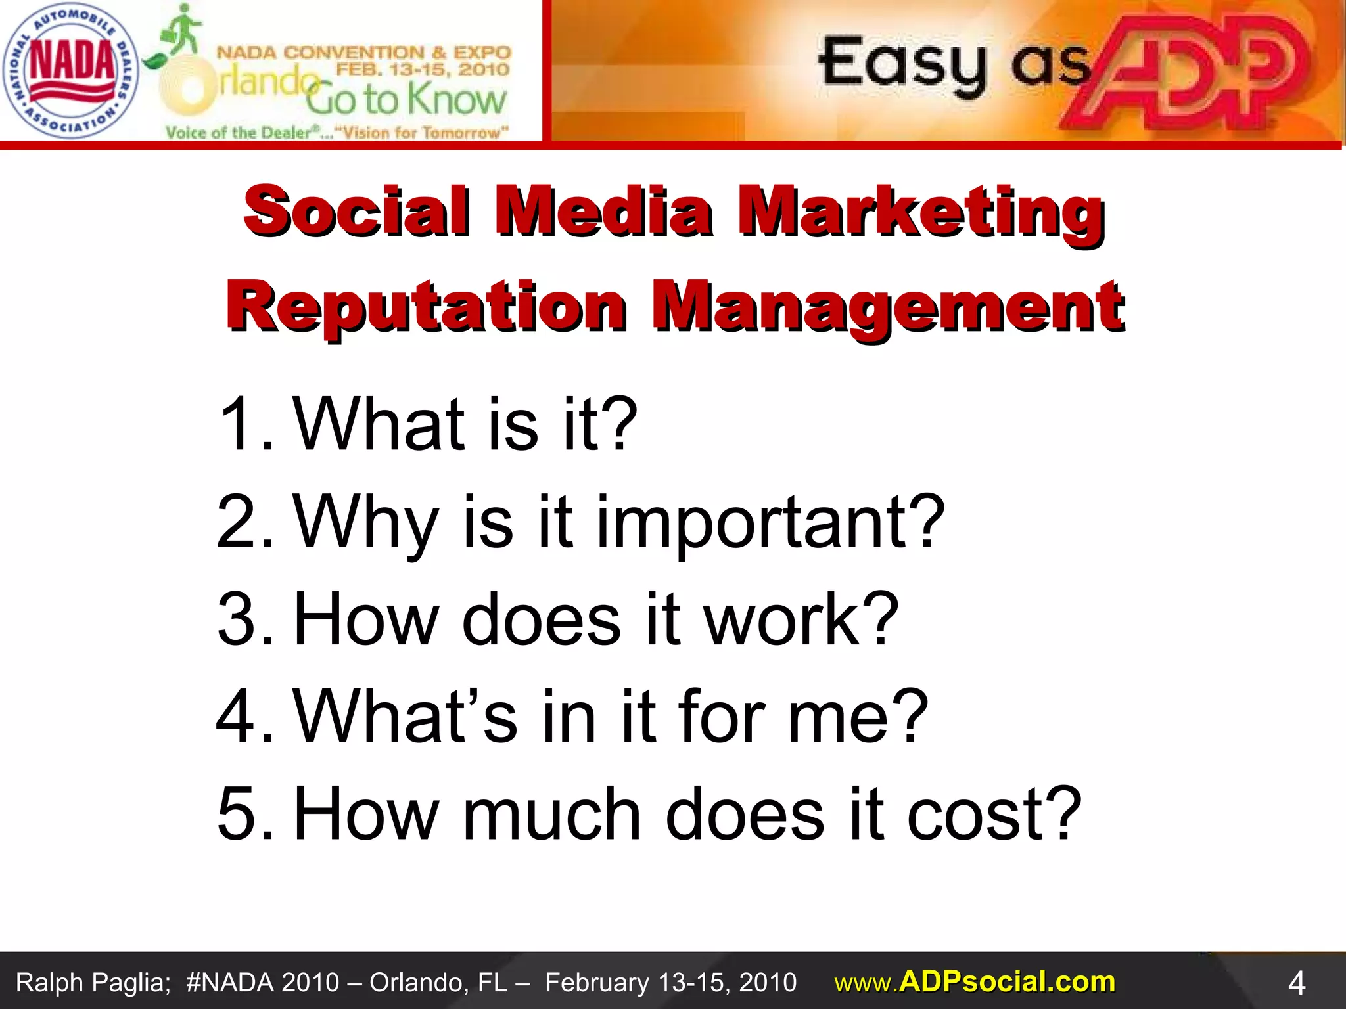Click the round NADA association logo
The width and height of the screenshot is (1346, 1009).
pos(70,70)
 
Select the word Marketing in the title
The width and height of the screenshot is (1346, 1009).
pos(920,212)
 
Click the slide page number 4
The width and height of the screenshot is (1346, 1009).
pos(1296,983)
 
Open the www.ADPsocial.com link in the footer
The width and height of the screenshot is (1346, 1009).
pos(975,982)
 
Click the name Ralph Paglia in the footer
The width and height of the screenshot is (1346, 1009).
pos(93,983)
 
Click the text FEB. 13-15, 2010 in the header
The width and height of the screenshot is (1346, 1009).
pos(423,70)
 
